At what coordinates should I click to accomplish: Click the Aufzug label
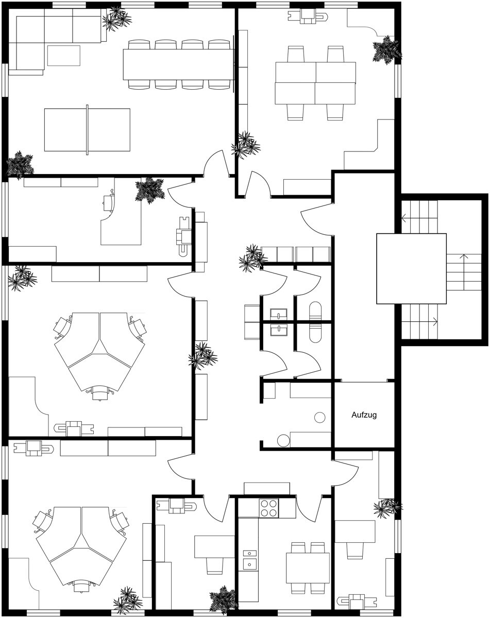[364, 415]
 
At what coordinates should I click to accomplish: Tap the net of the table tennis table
[87, 129]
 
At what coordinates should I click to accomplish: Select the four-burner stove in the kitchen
[268, 508]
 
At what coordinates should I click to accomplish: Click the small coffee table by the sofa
[64, 56]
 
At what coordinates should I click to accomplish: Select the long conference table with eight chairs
[178, 64]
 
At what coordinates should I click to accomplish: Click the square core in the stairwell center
[411, 268]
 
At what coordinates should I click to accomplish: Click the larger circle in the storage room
[283, 440]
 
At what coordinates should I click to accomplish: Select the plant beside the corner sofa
[117, 20]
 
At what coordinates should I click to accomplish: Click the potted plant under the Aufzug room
[386, 507]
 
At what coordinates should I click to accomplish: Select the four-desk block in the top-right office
[315, 83]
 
